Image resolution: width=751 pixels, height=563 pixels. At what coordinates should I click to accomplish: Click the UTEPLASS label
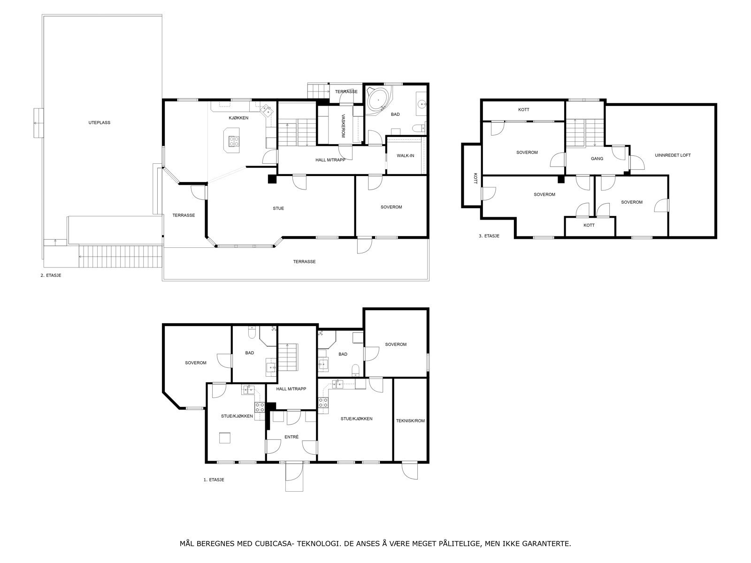[x=99, y=122]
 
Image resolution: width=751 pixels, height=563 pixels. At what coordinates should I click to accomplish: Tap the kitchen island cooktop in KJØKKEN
[x=233, y=140]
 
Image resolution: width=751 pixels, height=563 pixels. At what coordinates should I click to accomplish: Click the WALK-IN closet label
[x=405, y=156]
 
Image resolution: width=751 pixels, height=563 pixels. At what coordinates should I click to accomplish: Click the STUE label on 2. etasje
[x=278, y=208]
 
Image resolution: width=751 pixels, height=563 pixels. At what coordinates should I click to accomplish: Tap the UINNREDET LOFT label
[x=673, y=155]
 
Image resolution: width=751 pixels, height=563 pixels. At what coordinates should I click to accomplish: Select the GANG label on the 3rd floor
[x=597, y=159]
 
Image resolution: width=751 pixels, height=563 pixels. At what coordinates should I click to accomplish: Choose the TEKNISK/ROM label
[x=410, y=421]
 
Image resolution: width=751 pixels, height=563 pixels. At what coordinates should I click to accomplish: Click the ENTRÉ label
[x=291, y=437]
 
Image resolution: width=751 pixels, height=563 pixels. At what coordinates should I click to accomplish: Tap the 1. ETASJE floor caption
[x=214, y=480]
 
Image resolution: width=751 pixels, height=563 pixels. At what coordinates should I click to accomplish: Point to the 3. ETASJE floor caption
[x=489, y=236]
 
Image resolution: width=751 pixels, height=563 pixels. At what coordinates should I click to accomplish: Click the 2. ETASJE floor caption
[x=51, y=275]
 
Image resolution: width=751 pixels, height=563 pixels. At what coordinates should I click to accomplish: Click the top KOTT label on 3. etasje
[x=523, y=110]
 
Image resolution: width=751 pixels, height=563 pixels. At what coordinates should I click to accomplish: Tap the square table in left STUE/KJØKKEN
[x=225, y=437]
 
